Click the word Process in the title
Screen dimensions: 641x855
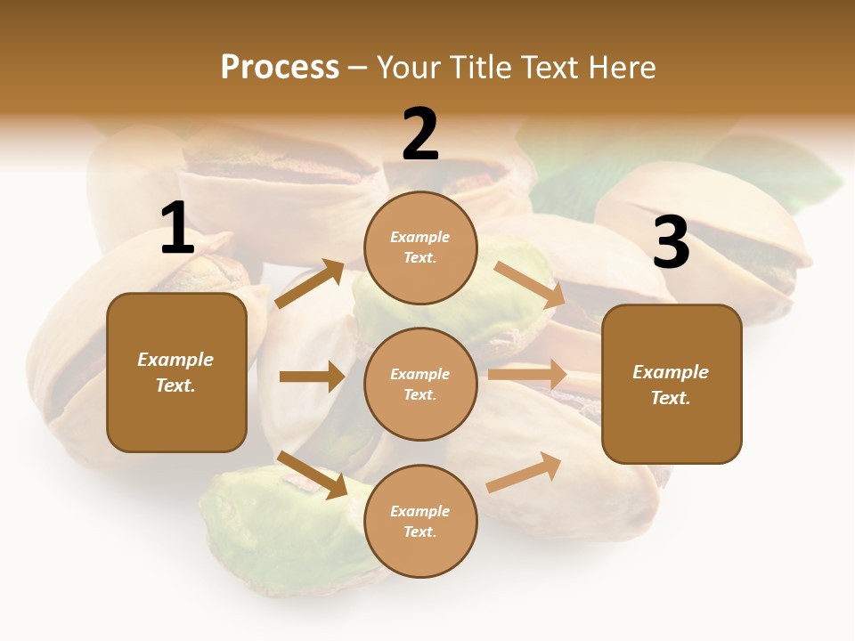coord(280,68)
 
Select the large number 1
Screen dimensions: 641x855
coord(177,229)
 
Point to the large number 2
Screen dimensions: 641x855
coord(420,135)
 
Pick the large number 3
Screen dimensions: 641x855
coord(671,244)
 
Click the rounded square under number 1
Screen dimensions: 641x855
coord(176,372)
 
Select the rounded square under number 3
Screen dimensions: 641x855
coord(672,385)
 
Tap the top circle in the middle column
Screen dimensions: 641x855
coord(420,247)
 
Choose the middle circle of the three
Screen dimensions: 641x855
coord(420,385)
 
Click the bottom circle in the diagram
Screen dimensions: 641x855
coord(420,521)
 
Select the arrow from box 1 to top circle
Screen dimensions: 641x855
coord(309,284)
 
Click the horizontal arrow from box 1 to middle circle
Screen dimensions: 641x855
coord(312,377)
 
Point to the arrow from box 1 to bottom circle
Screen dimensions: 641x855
coord(312,475)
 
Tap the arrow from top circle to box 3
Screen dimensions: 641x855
coord(530,284)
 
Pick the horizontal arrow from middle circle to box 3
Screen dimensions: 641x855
coord(527,375)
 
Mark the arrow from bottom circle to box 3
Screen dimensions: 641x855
coord(524,473)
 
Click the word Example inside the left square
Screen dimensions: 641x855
coord(175,360)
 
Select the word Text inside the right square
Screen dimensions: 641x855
coord(669,398)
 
